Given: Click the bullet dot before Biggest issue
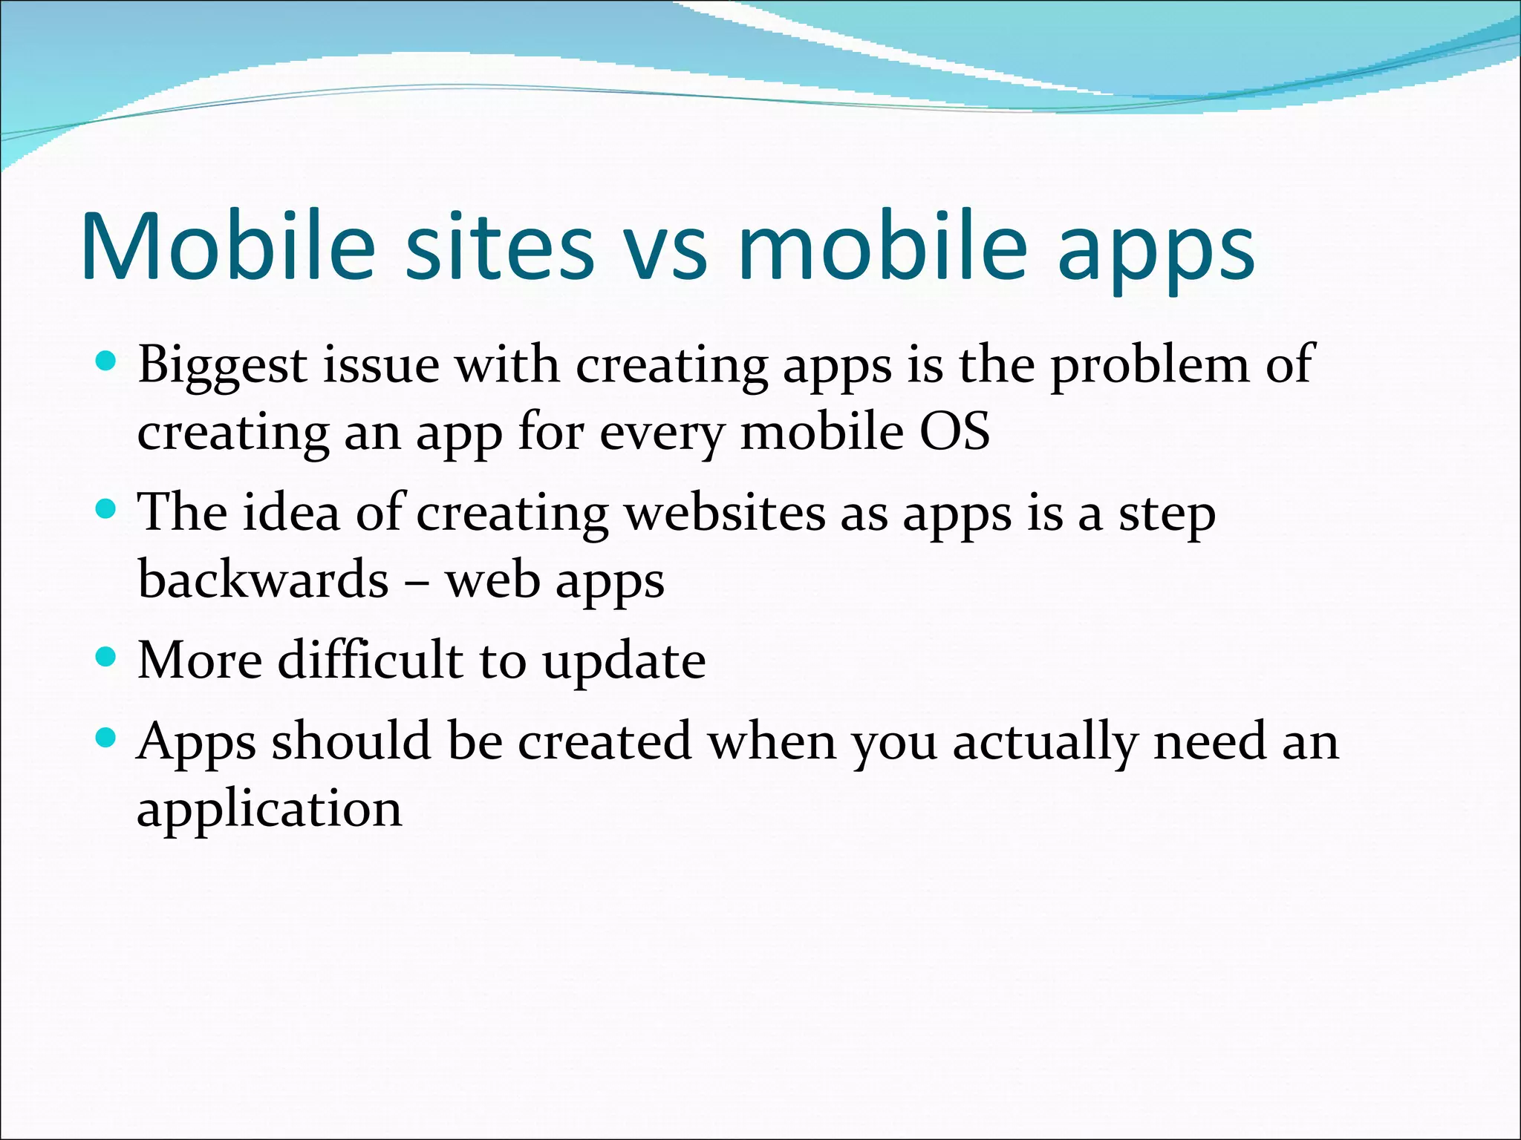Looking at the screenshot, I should (107, 362).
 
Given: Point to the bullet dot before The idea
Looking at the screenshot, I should (107, 509).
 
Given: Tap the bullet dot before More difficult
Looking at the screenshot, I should (107, 657).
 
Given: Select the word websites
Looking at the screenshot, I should (725, 513).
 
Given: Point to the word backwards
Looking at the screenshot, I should (263, 579).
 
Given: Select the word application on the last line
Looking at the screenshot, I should (270, 810).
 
